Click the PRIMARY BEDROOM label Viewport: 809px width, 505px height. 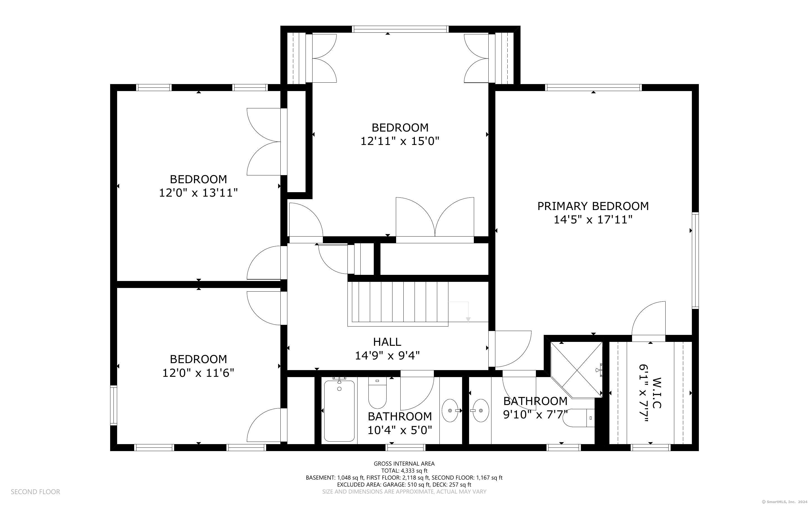(593, 206)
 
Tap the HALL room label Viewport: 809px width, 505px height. (387, 342)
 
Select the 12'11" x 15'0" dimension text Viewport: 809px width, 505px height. (400, 141)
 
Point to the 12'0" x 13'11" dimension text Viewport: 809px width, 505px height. (198, 193)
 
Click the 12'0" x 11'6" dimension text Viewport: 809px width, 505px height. (198, 372)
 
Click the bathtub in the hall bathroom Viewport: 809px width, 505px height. (339, 411)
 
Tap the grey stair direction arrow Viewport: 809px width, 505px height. (468, 312)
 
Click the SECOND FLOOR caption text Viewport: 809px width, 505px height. (36, 492)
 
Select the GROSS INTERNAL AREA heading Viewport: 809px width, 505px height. (404, 464)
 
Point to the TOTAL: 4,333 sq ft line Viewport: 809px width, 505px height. (404, 471)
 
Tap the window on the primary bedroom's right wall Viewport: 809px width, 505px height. (695, 260)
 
